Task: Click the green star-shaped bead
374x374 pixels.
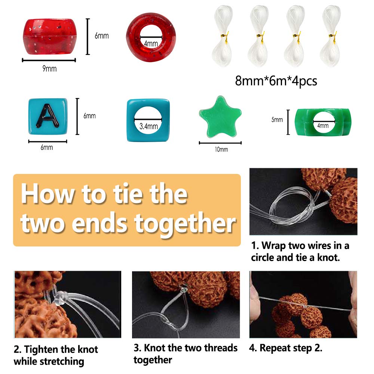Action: click(220, 117)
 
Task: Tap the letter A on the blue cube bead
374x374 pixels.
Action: click(48, 116)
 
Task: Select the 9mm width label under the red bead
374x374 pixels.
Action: click(50, 69)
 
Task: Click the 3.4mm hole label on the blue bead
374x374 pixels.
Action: click(148, 126)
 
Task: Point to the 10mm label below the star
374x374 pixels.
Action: click(221, 150)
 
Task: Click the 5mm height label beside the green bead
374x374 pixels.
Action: click(277, 120)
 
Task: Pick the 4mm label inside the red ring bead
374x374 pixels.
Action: click(151, 43)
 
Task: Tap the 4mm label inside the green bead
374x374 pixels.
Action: click(323, 125)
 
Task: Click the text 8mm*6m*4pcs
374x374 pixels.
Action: click(276, 81)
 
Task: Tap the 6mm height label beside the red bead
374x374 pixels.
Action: click(102, 36)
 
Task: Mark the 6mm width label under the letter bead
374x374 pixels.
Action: click(47, 147)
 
